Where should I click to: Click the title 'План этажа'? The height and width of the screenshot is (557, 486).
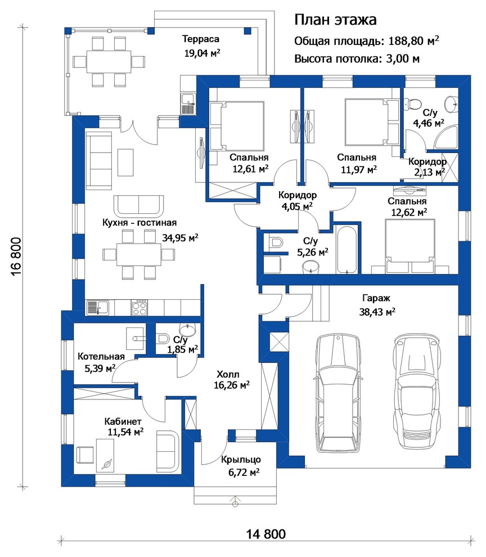335,20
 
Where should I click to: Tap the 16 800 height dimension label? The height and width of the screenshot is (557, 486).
17,257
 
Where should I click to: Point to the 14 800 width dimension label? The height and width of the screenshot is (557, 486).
265,534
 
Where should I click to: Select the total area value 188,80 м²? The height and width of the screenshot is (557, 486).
413,41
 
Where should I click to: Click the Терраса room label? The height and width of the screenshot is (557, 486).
200,39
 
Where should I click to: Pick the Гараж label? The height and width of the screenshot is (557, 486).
376,298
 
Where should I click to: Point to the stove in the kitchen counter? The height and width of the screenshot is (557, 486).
139,308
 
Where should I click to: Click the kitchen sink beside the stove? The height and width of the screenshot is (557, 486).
98,308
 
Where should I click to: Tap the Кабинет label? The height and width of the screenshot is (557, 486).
123,421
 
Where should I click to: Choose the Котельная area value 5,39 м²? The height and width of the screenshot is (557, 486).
100,368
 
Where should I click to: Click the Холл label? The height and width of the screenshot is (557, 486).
228,374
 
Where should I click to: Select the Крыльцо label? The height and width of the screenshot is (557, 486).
241,460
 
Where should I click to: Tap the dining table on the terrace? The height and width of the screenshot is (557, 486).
109,61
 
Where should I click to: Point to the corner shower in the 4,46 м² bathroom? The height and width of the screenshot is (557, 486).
446,138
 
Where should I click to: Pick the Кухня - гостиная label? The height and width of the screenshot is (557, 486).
139,223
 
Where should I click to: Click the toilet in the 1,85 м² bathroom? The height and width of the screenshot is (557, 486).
163,338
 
